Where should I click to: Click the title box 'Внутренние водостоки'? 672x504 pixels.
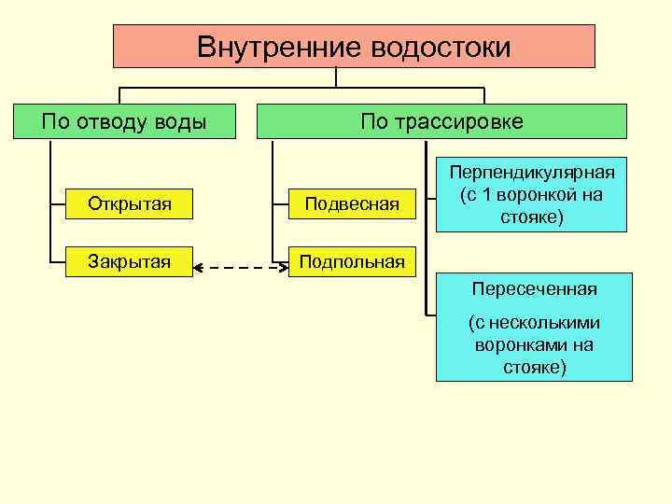354,47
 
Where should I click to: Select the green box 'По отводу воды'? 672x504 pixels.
124,121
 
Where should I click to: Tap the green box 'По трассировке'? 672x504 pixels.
441,121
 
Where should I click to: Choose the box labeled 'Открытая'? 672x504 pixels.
130,203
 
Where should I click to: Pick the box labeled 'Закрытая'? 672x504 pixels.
130,261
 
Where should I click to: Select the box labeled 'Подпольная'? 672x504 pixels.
350,261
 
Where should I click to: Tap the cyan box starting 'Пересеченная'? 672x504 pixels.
533,327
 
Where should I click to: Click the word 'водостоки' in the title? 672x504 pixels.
441,47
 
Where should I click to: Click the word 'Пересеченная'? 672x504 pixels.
533,288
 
